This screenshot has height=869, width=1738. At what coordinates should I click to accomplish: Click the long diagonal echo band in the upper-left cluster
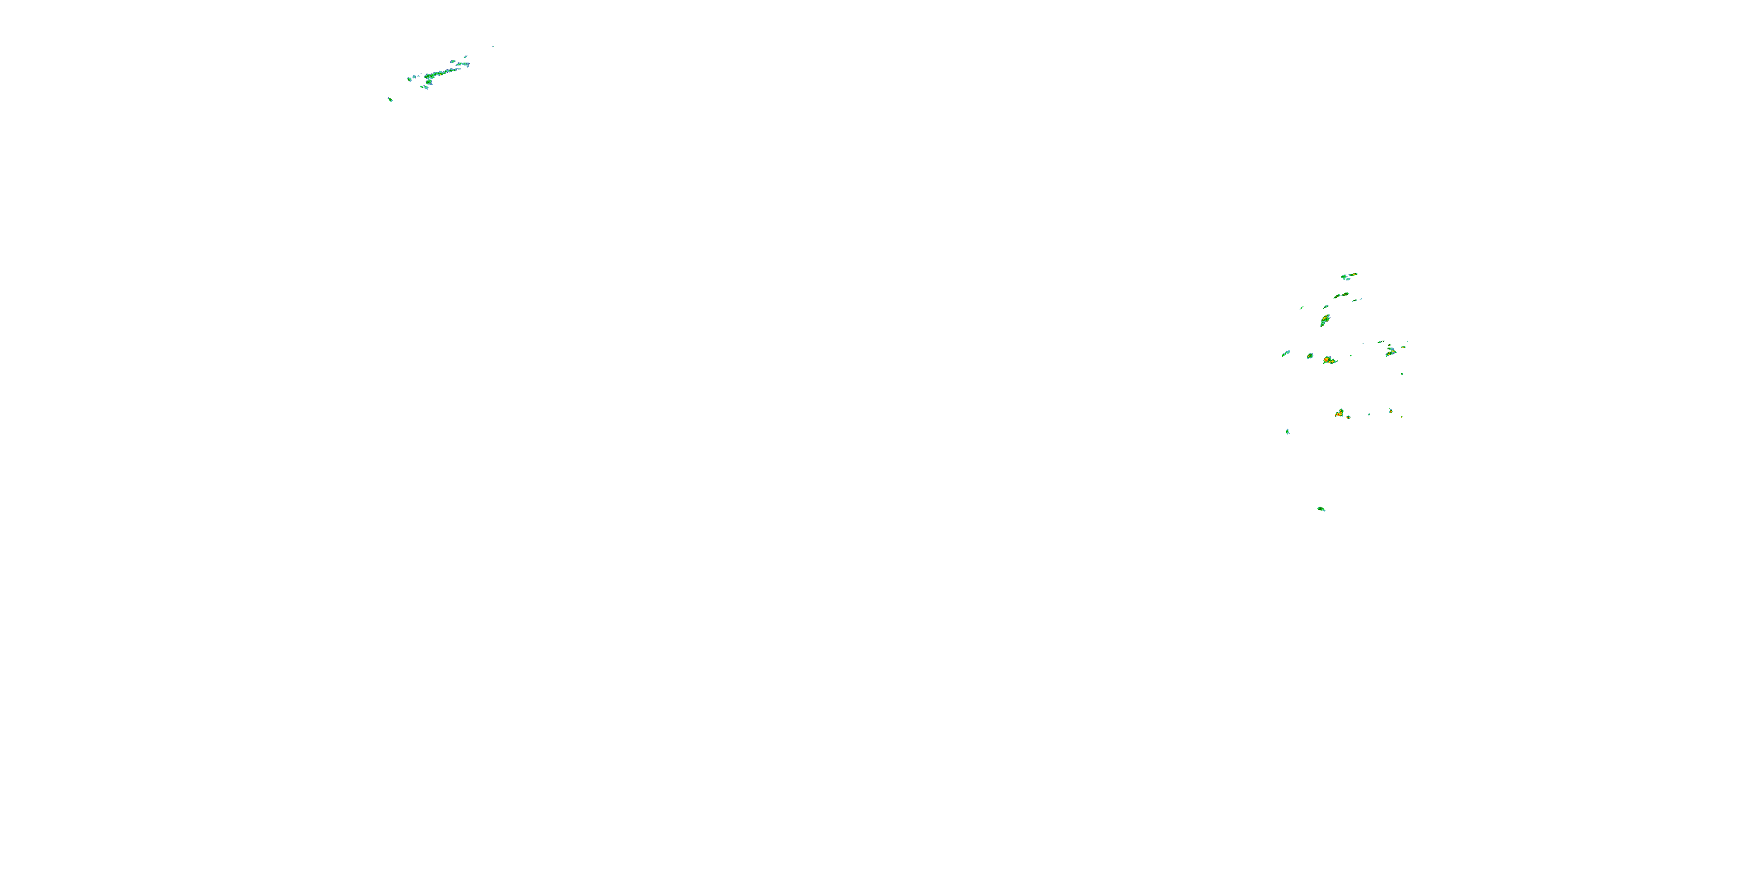coord(442,73)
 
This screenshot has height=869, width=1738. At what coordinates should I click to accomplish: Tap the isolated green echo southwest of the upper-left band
coord(390,100)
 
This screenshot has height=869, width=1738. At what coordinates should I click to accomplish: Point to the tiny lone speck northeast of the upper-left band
coord(493,46)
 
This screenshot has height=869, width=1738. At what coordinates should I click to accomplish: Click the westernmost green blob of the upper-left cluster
coord(410,78)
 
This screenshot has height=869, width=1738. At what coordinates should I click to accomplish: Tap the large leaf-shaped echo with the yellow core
coord(1324,320)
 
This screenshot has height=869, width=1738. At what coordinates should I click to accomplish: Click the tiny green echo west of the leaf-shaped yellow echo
coord(1302,308)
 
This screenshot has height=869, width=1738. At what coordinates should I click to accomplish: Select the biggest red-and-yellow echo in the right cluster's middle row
coord(1329,360)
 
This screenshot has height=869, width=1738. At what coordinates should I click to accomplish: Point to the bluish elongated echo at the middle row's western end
coord(1286,353)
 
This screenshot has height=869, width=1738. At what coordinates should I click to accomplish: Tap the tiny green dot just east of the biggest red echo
coord(1351,356)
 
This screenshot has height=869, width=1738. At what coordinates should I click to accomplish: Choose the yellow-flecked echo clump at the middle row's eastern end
coord(1390,351)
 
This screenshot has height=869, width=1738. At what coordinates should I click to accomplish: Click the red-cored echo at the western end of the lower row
coord(1339,413)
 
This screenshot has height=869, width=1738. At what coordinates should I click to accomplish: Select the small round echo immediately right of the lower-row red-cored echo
coord(1349,417)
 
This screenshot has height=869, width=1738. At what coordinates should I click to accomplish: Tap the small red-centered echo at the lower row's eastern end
coord(1390,411)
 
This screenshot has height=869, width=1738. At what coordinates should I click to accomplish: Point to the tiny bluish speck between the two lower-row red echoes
coord(1369,414)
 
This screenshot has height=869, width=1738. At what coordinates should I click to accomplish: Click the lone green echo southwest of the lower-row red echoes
coord(1287,431)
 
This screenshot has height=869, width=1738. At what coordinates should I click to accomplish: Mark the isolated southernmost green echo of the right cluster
coord(1321,509)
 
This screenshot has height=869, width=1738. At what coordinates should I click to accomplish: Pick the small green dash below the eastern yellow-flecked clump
coord(1402,374)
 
